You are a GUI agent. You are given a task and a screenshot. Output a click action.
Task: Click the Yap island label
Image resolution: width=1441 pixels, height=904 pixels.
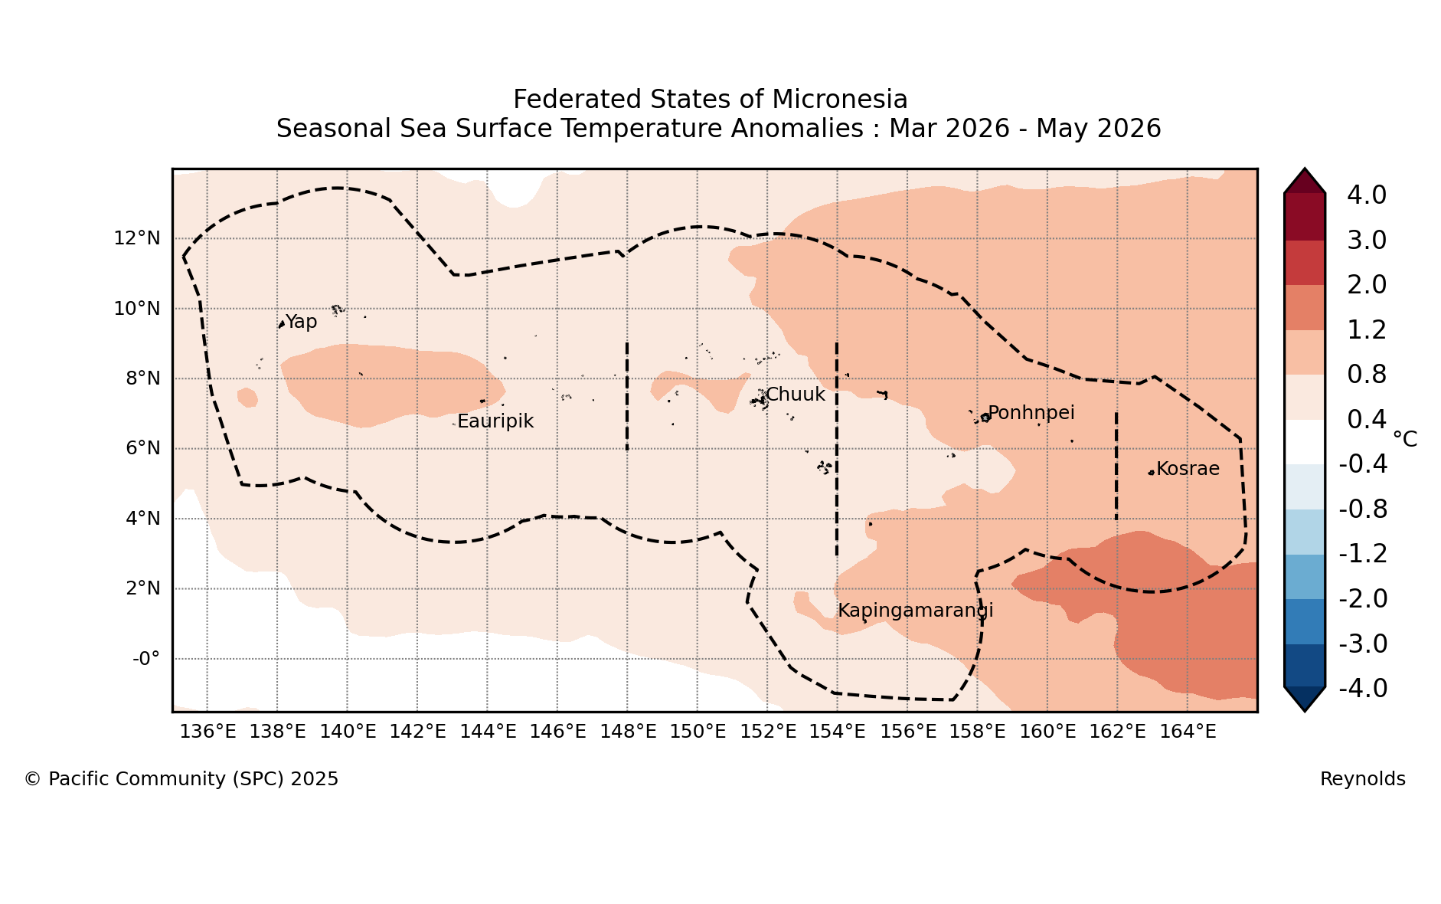pos(301,323)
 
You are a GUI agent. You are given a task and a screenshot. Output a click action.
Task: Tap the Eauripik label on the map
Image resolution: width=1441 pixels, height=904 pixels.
pos(495,421)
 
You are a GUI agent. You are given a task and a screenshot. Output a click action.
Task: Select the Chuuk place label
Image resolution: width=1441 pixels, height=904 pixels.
pos(796,395)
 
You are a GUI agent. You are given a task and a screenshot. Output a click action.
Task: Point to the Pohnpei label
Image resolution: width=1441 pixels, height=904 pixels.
pos(1031,414)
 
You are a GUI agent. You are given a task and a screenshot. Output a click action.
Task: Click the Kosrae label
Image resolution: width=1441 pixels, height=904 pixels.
pos(1188,469)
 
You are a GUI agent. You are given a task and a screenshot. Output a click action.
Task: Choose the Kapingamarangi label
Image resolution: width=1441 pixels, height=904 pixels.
pos(916,611)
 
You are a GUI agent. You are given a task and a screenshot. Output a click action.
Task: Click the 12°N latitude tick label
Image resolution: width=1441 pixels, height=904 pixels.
pos(137,238)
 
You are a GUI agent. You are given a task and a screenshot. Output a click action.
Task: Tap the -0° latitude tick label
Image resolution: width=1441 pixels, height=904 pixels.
pos(146,659)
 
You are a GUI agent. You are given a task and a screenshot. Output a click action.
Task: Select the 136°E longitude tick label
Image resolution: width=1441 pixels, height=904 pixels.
pos(207,732)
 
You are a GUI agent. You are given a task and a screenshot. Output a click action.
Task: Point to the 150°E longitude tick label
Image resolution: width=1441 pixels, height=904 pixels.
pos(698,732)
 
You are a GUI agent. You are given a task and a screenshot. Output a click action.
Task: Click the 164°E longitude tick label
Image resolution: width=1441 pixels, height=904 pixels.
pos(1188,732)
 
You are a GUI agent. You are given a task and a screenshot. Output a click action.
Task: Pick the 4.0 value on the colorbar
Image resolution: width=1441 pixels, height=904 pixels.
pos(1367,195)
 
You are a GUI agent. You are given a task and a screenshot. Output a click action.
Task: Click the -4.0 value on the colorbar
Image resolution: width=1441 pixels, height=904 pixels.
pos(1363,689)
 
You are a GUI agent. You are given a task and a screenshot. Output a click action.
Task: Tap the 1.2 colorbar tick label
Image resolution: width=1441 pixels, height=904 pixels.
pos(1367,330)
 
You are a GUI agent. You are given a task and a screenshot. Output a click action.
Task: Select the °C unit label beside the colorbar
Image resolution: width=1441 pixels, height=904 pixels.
pos(1405,439)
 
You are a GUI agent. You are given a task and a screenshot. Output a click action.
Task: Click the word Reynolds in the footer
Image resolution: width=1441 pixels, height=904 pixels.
pos(1363,780)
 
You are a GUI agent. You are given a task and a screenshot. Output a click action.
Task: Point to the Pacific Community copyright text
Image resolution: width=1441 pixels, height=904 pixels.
pos(181,780)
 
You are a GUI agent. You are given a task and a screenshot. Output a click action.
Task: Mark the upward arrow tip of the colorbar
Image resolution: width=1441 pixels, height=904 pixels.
pos(1305,169)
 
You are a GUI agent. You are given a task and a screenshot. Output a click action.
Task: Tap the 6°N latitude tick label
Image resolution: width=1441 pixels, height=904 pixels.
pos(142,448)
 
